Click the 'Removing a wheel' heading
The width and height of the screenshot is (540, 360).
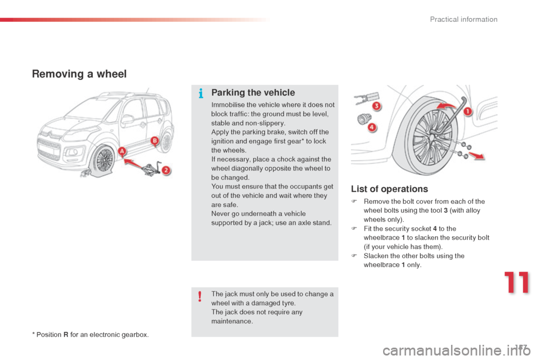pyautogui.click(x=79, y=74)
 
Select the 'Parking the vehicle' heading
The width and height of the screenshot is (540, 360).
pyautogui.click(x=253, y=93)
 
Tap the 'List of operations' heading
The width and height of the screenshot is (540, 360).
pyautogui.click(x=389, y=189)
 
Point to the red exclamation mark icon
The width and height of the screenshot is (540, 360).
pyautogui.click(x=200, y=296)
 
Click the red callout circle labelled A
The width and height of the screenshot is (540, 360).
pyautogui.click(x=122, y=151)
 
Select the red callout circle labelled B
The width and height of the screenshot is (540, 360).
pyautogui.click(x=154, y=140)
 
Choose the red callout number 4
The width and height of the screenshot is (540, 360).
pyautogui.click(x=372, y=128)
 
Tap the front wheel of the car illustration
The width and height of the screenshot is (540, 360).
pyautogui.click(x=103, y=161)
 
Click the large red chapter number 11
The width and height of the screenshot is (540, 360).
pyautogui.click(x=516, y=283)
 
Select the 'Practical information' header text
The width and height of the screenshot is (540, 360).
pyautogui.click(x=463, y=20)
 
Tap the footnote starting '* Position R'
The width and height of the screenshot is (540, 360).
pyautogui.click(x=91, y=335)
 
